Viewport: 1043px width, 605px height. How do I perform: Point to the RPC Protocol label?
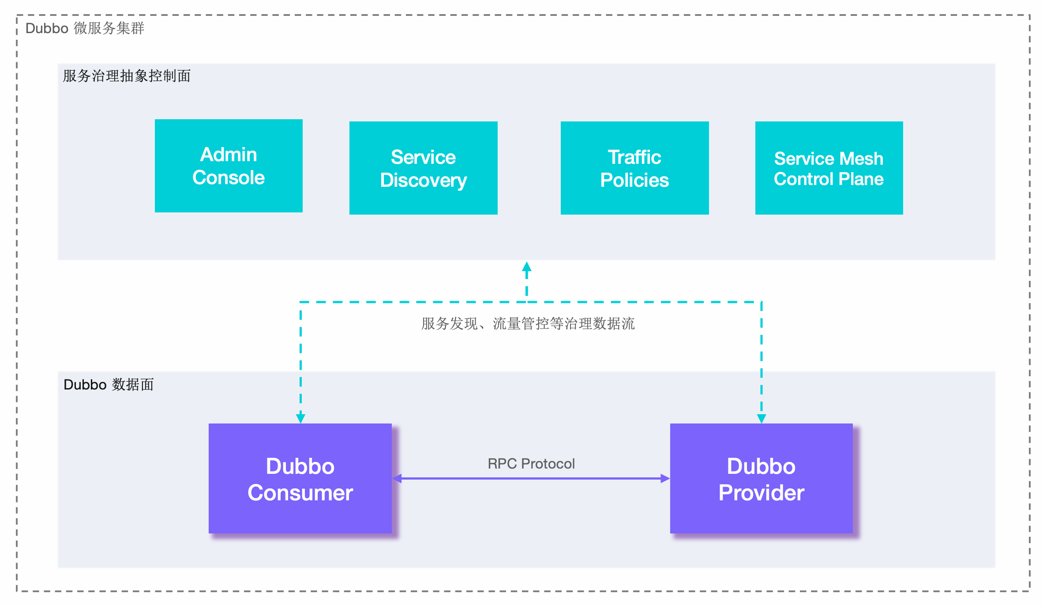[x=531, y=464]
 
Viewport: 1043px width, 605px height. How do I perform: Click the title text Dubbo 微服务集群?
[x=85, y=28]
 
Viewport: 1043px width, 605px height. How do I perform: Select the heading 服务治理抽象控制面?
[x=127, y=76]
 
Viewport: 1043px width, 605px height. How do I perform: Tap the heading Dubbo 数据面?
[x=109, y=385]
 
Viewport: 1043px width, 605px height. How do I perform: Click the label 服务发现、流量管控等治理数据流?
[x=528, y=324]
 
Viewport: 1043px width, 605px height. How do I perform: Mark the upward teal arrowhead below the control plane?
[x=526, y=267]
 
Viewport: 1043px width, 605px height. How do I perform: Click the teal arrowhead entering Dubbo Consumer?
[x=300, y=418]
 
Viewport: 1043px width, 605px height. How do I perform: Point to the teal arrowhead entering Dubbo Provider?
[x=762, y=418]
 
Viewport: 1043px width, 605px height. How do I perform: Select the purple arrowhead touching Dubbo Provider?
[x=665, y=478]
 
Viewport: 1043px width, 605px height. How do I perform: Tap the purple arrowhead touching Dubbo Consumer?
[x=397, y=478]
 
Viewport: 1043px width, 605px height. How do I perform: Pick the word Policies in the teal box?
[x=634, y=180]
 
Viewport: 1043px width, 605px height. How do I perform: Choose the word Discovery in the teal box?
[x=423, y=180]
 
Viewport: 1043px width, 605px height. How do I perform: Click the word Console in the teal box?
[x=229, y=178]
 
